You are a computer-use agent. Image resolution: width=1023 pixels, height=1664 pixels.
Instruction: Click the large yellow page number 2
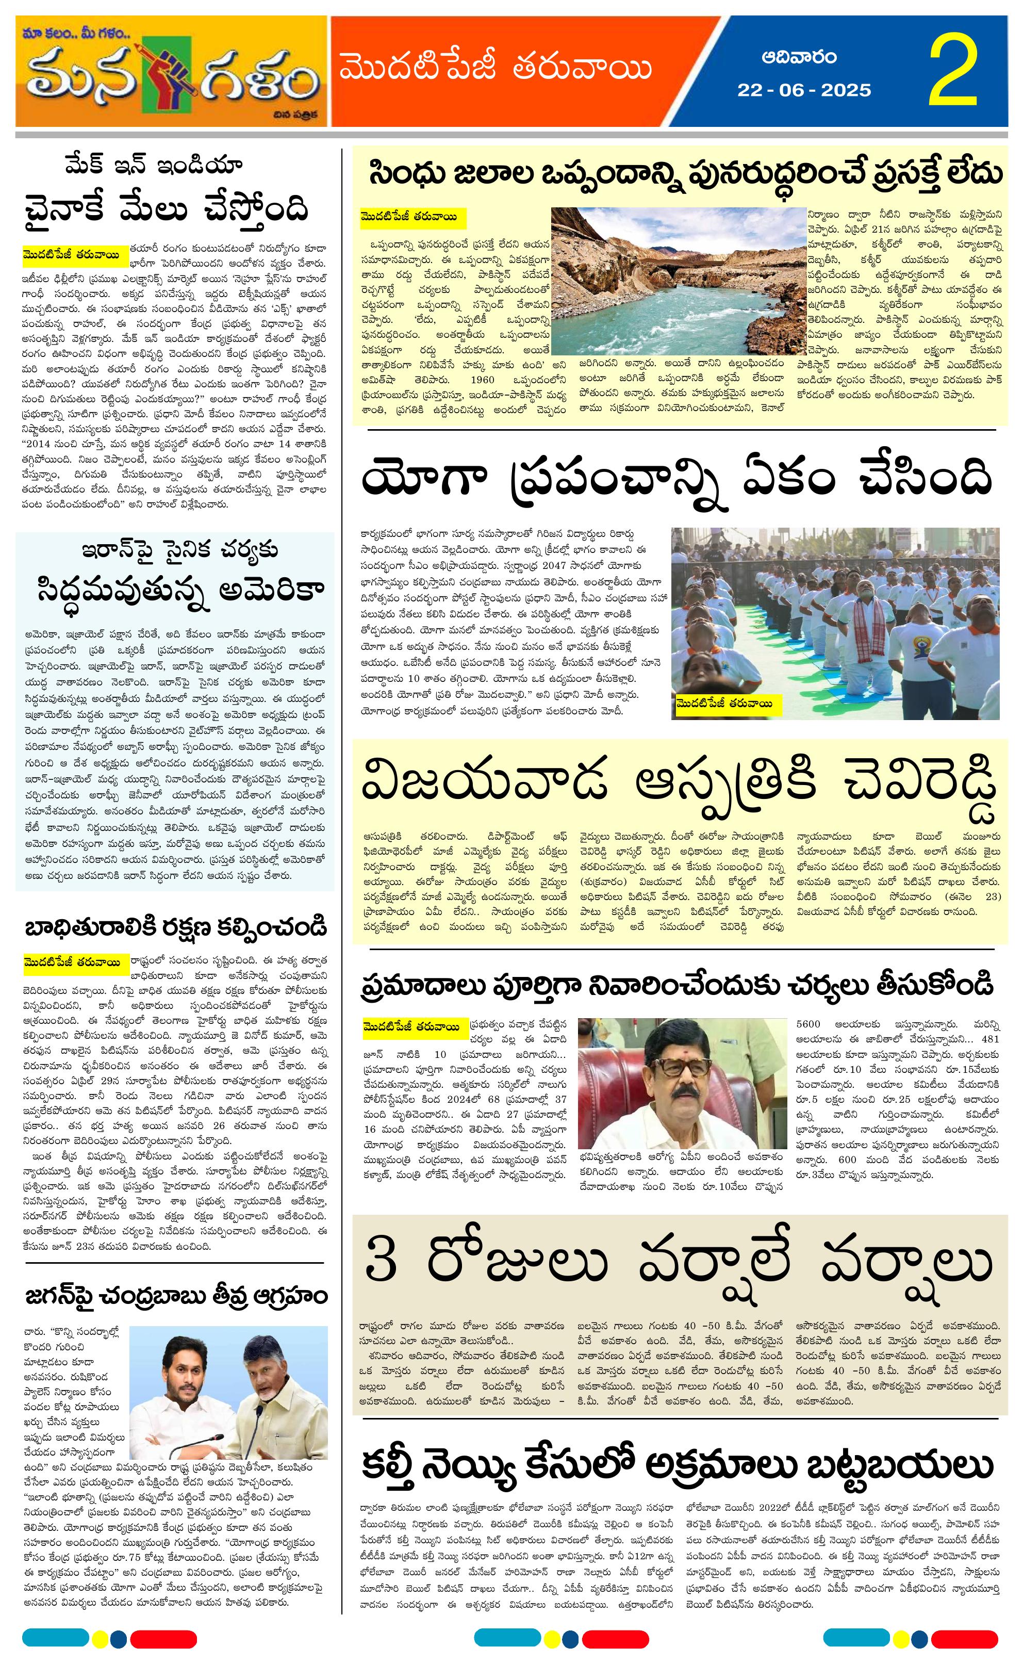click(953, 71)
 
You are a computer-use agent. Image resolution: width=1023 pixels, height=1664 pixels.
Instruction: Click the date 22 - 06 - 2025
click(804, 90)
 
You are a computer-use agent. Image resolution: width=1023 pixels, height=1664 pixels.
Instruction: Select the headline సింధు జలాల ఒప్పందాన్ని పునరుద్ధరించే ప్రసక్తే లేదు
click(685, 174)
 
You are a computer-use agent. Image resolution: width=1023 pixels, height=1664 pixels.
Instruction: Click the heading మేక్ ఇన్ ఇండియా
click(154, 165)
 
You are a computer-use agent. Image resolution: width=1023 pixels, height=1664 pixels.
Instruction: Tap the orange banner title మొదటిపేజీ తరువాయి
click(496, 69)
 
